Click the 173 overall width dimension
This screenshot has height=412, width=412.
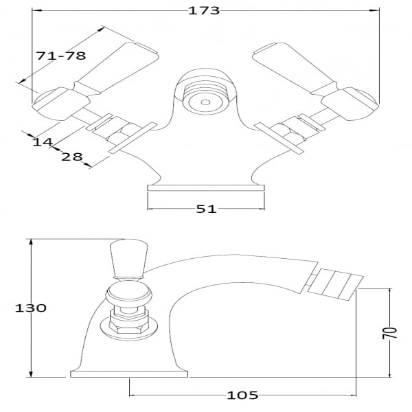click(204, 10)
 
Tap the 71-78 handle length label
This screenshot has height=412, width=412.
click(61, 56)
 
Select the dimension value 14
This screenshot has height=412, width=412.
click(43, 142)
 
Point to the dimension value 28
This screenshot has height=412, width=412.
click(71, 157)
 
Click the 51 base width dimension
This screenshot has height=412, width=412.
click(206, 209)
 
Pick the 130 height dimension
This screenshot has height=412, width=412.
click(30, 308)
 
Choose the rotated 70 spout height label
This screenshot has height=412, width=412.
click(389, 333)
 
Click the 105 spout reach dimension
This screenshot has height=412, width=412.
click(242, 396)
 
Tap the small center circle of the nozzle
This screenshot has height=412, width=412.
click(205, 102)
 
